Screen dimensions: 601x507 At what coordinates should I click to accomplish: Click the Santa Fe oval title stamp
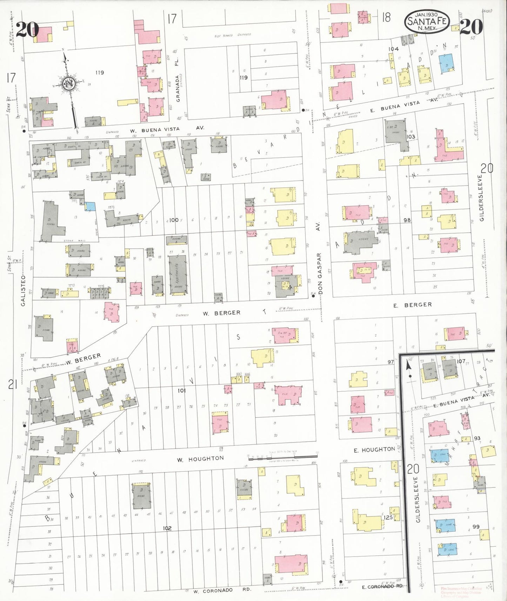427,21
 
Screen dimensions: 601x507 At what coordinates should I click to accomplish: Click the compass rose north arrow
69,85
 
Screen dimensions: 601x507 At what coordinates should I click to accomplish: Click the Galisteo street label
23,291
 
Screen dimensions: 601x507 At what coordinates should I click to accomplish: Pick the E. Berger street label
412,305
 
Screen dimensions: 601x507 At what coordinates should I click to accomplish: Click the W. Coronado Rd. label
222,590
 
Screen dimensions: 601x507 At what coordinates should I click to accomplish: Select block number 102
167,528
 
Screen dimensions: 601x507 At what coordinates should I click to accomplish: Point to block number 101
181,390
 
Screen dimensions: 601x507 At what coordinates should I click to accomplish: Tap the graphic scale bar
282,456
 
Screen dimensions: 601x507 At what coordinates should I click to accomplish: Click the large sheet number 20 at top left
27,29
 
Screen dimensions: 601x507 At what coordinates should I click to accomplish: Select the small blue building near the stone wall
90,206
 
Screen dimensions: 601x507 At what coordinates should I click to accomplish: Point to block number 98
407,220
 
